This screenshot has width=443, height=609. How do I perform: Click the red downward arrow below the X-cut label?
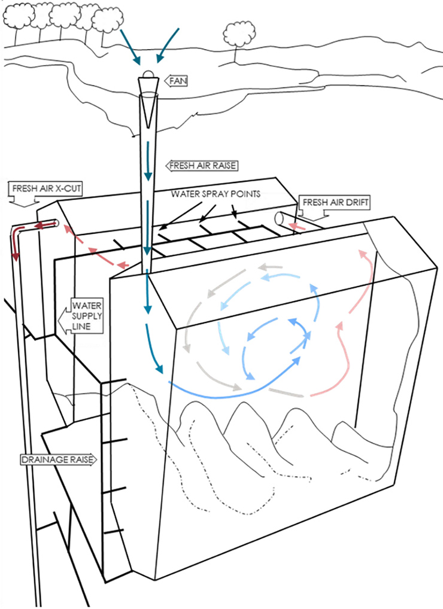click(x=15, y=248)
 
